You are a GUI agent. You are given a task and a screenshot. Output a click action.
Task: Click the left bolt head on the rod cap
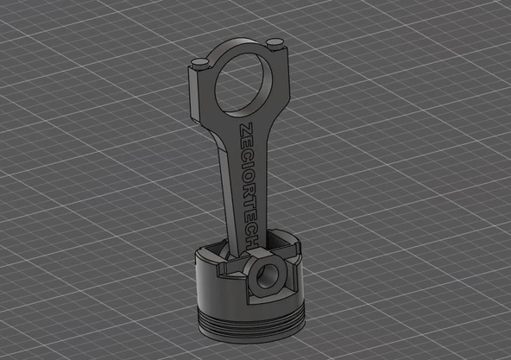click(199, 60)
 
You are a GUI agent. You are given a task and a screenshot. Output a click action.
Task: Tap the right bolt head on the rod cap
click(274, 43)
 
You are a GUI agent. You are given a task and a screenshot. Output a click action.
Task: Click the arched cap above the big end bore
click(237, 47)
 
